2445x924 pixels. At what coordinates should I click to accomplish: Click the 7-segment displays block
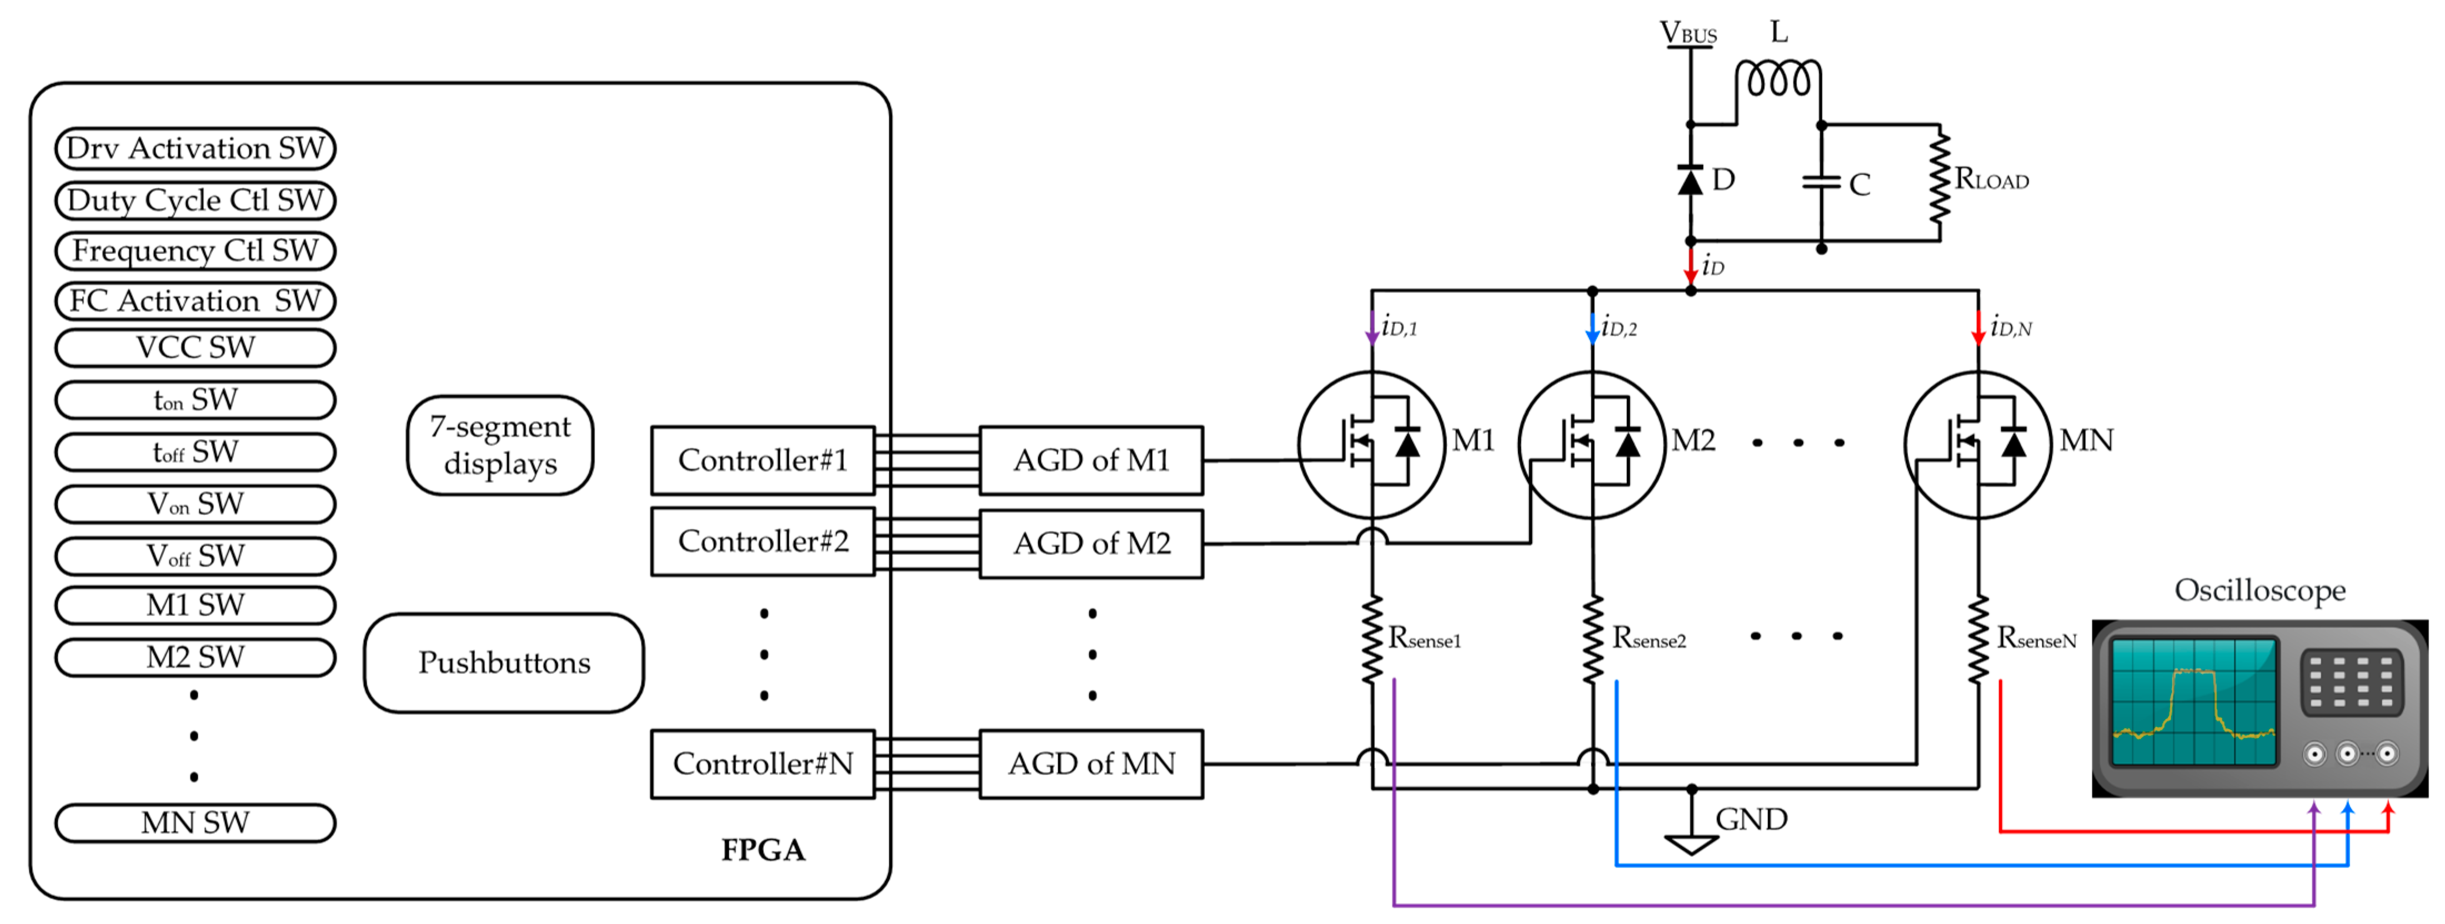500,446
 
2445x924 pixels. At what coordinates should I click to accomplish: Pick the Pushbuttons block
504,662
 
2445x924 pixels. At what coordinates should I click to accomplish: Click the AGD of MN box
1091,764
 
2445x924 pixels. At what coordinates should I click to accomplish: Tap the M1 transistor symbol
1371,444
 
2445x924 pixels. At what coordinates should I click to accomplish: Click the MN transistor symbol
1978,444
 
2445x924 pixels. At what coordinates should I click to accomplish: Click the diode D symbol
1690,180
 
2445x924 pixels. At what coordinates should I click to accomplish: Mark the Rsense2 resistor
1592,638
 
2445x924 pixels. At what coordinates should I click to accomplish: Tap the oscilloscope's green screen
2193,701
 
